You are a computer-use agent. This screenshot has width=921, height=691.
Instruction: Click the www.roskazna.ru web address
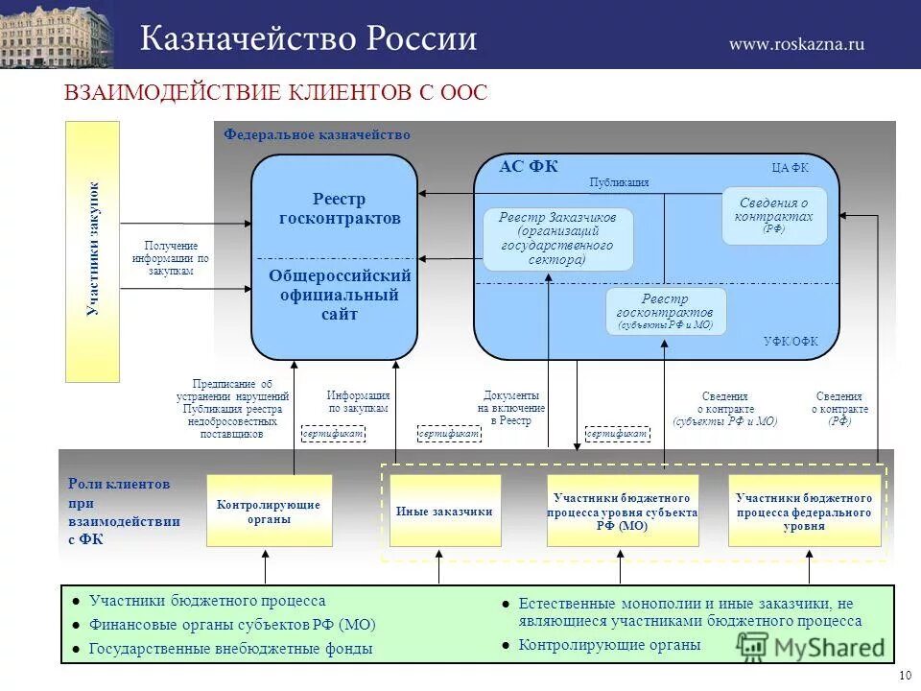tap(796, 43)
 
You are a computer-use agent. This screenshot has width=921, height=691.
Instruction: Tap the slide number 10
tap(905, 676)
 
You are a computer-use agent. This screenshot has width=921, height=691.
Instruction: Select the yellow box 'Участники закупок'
tap(92, 251)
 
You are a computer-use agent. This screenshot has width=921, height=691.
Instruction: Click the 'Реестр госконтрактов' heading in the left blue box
tap(339, 209)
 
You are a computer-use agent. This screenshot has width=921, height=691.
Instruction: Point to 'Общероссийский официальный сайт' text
tap(339, 295)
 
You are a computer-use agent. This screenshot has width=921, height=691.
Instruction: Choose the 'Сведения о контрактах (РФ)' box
tap(773, 215)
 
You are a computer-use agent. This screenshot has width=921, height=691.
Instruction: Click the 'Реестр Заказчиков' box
tap(557, 239)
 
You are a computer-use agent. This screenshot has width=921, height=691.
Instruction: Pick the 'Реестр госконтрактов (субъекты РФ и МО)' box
tap(666, 312)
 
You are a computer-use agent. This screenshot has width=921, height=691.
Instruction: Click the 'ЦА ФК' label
tap(790, 167)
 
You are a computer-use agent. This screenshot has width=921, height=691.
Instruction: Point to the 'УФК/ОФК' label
tap(791, 342)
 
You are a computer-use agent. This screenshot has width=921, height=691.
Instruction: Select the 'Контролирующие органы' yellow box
tap(269, 511)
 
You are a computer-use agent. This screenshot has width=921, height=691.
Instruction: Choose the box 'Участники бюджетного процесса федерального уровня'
tap(804, 511)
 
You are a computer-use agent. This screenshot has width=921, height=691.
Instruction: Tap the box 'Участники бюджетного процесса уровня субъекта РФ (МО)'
tap(622, 511)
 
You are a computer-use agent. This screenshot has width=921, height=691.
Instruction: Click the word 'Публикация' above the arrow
tap(619, 182)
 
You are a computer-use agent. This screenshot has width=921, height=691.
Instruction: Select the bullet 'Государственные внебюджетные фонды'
tap(230, 649)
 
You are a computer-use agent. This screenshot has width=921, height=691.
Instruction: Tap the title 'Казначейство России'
tap(308, 39)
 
